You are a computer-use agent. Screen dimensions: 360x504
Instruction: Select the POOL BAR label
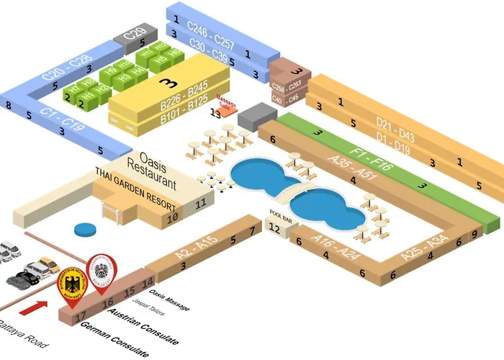(x=279, y=214)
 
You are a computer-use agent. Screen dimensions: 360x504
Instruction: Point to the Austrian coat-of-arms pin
(x=100, y=271)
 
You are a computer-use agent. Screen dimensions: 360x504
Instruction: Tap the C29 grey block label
(x=135, y=33)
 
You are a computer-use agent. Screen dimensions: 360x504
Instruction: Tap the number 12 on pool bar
(x=274, y=228)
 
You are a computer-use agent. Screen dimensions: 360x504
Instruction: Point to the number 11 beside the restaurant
(x=200, y=204)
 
